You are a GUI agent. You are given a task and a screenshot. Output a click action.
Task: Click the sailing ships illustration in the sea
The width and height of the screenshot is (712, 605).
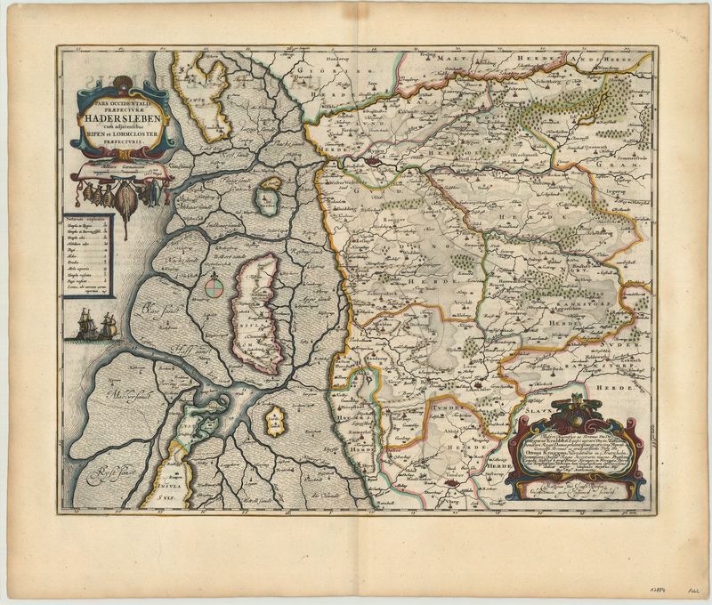pos(96,324)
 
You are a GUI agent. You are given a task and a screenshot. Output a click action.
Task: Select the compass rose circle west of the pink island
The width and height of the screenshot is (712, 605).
pos(212,286)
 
